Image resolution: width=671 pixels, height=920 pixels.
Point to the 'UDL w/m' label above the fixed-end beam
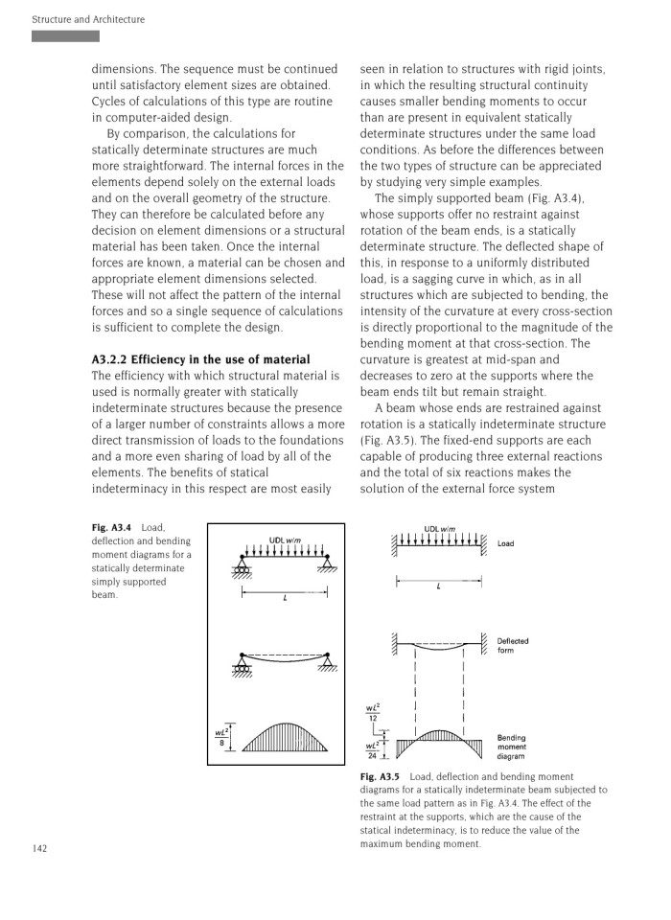coord(439,529)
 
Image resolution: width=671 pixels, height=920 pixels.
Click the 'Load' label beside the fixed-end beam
coord(505,543)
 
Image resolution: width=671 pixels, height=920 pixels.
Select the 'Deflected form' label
coord(512,646)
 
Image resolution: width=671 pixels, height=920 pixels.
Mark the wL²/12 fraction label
coord(376,714)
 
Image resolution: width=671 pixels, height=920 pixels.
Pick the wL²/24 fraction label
coord(375,750)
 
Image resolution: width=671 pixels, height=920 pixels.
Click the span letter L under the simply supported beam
coord(285,598)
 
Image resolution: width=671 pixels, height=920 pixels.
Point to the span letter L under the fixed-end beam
coord(438,586)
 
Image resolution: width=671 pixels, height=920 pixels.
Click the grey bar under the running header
coord(65,36)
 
